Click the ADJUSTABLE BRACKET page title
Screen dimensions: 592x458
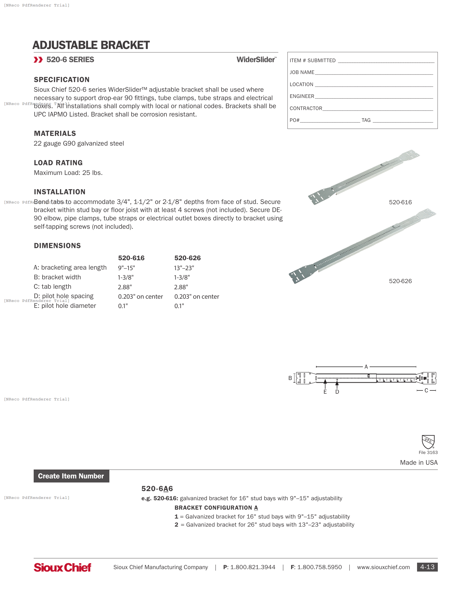(x=91, y=45)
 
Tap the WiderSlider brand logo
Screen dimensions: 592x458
(x=256, y=60)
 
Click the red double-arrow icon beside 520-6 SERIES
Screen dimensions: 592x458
(x=38, y=60)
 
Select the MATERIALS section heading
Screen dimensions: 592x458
(x=55, y=133)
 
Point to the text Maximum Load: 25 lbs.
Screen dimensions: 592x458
(x=68, y=173)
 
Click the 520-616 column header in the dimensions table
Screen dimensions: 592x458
(x=131, y=258)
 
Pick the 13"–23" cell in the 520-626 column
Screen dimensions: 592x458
(x=184, y=268)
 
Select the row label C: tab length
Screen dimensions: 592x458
(x=52, y=287)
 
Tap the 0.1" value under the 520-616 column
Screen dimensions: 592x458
(x=123, y=306)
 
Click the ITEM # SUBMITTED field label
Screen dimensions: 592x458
(x=312, y=61)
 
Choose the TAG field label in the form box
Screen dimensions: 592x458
(x=366, y=120)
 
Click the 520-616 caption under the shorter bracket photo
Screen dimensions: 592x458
(x=400, y=202)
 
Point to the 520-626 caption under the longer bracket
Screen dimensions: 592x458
(x=400, y=281)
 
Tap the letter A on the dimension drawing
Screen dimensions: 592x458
(x=366, y=367)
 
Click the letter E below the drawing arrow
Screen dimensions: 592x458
(x=325, y=392)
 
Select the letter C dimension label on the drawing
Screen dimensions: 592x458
(x=426, y=390)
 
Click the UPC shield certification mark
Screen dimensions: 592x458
(x=428, y=442)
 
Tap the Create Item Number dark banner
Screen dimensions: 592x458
(x=71, y=476)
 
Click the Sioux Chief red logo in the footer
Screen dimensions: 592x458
(x=63, y=567)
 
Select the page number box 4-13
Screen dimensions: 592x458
(x=427, y=567)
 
